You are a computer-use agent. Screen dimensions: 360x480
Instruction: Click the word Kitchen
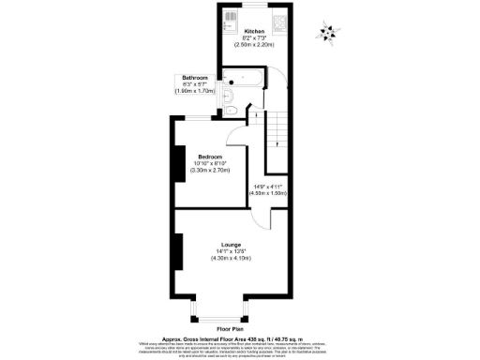click(x=254, y=31)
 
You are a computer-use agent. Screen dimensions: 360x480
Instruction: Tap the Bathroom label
click(x=195, y=78)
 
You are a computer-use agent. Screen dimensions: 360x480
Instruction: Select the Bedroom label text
click(x=209, y=156)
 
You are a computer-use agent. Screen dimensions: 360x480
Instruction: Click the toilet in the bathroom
click(x=233, y=110)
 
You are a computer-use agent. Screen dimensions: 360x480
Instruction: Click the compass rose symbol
click(x=326, y=32)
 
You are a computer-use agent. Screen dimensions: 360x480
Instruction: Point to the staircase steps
click(x=277, y=136)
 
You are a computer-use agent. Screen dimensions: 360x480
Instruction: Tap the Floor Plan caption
click(x=230, y=329)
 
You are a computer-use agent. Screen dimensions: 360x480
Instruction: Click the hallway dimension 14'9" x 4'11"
click(x=270, y=187)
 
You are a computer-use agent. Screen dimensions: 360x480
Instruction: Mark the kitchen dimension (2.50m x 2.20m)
click(x=254, y=45)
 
